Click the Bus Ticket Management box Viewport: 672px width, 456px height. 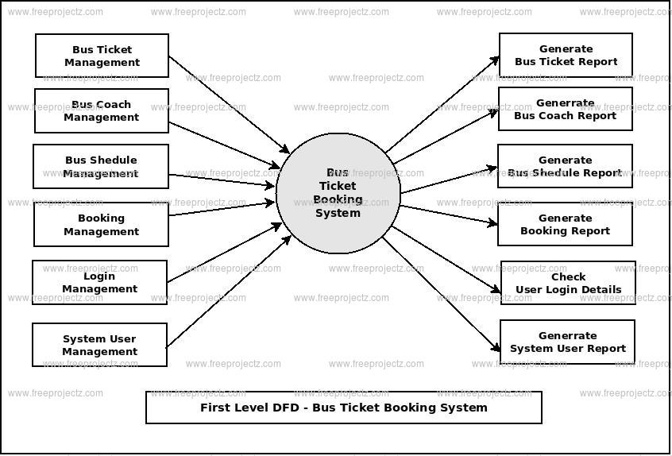pyautogui.click(x=102, y=56)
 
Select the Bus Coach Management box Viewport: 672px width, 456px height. pyautogui.click(x=102, y=110)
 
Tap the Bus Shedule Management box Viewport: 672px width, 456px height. pyautogui.click(x=101, y=166)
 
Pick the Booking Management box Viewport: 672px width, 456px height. pyautogui.click(x=101, y=224)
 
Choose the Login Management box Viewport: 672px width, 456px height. pyautogui.click(x=99, y=282)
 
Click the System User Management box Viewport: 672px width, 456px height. pyautogui.click(x=99, y=345)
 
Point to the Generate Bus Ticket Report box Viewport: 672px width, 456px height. pyautogui.click(x=566, y=55)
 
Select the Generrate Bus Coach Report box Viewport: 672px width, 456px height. pyautogui.click(x=565, y=109)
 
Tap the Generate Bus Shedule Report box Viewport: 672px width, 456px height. pyautogui.click(x=565, y=166)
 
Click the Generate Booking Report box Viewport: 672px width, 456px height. pyautogui.click(x=565, y=224)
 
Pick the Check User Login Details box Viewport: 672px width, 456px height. pyautogui.click(x=568, y=283)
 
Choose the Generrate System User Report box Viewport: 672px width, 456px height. pyautogui.click(x=567, y=342)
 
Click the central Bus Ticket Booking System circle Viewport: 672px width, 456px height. pyautogui.click(x=338, y=193)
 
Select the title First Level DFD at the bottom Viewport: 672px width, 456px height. pyautogui.click(x=343, y=408)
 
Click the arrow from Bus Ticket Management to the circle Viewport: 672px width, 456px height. pyautogui.click(x=229, y=104)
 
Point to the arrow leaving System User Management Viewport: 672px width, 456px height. pyautogui.click(x=229, y=292)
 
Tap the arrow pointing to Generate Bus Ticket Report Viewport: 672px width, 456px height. pyautogui.click(x=442, y=104)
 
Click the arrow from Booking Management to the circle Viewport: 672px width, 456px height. pyautogui.click(x=222, y=208)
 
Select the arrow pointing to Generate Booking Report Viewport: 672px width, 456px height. pyautogui.click(x=449, y=215)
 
